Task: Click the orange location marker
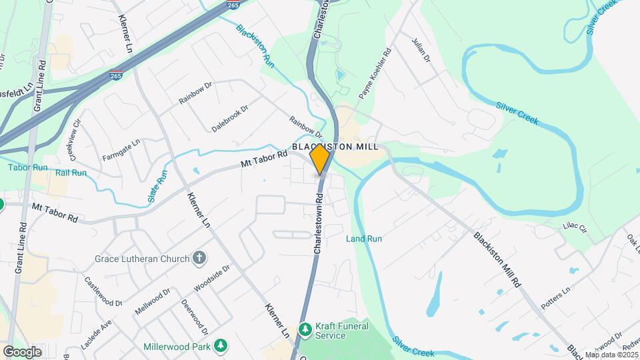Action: pyautogui.click(x=320, y=159)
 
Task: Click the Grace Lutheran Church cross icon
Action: pyautogui.click(x=198, y=258)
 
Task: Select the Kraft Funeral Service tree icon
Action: pyautogui.click(x=305, y=329)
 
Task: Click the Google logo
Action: pyautogui.click(x=22, y=351)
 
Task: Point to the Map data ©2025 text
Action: pyautogui.click(x=611, y=355)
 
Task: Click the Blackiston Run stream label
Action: pyautogui.click(x=255, y=46)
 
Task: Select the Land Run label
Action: pyautogui.click(x=364, y=239)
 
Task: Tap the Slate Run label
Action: pyautogui.click(x=158, y=187)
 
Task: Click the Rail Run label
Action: pyautogui.click(x=71, y=173)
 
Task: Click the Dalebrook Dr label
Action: pyautogui.click(x=230, y=117)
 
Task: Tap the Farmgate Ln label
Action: pyautogui.click(x=121, y=150)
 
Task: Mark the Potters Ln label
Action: pyautogui.click(x=557, y=299)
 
